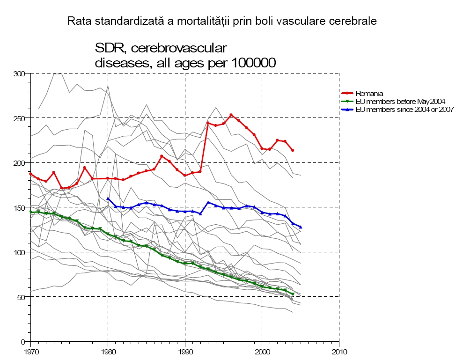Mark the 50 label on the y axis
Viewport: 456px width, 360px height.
21,297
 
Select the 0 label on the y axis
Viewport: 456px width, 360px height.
22,341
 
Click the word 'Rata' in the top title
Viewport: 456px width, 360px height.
77,21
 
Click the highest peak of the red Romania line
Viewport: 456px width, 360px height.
231,115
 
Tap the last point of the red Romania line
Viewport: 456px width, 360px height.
293,150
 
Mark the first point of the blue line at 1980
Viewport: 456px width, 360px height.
108,198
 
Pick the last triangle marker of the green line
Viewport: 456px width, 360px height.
293,294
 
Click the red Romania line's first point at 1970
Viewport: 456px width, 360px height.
31,174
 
